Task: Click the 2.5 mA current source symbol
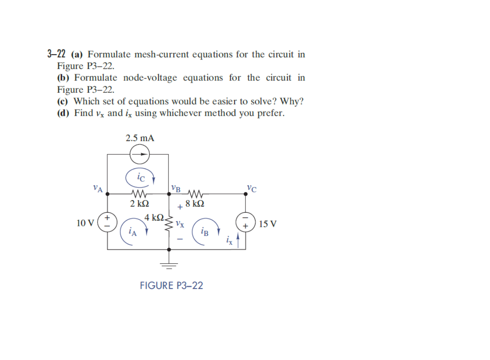tap(139, 155)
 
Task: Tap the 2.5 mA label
tap(140, 138)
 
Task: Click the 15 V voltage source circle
tap(245, 221)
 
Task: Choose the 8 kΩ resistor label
tap(195, 204)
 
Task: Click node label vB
tap(176, 188)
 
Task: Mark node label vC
tap(251, 188)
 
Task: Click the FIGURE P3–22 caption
tap(171, 286)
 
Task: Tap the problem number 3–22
tap(57, 54)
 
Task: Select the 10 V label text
tap(86, 223)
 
